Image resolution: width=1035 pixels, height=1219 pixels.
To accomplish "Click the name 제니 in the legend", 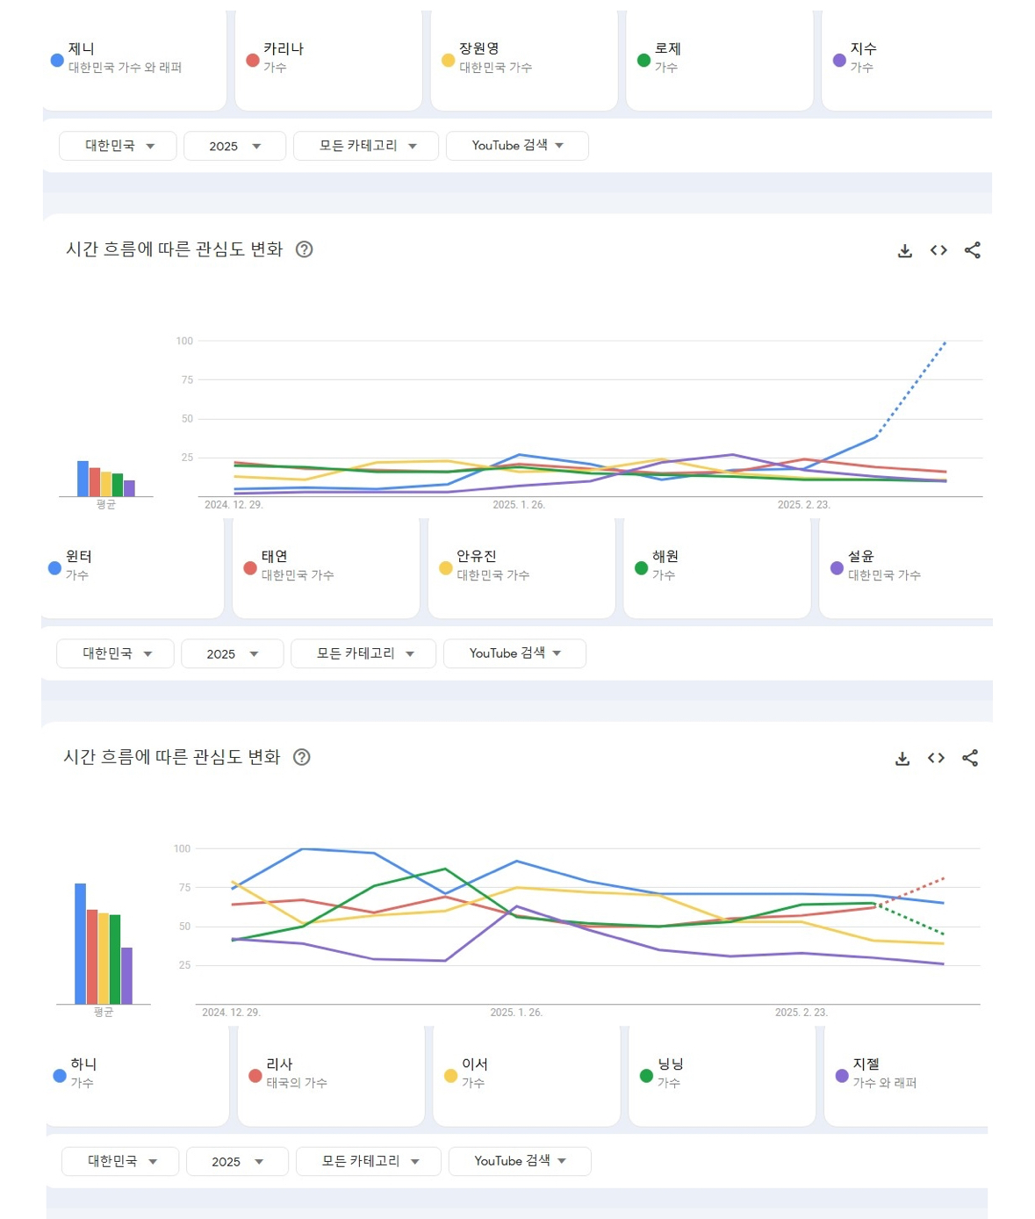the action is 82,48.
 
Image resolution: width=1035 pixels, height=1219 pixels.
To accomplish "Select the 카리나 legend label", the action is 284,48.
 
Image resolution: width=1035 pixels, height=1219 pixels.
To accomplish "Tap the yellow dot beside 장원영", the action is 448,60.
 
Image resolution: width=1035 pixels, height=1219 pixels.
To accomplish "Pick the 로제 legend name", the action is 667,48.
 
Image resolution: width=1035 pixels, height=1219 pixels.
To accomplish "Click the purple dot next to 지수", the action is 839,60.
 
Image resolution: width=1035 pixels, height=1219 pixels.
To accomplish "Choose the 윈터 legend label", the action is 78,556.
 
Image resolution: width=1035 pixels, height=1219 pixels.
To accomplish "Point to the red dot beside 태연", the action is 250,568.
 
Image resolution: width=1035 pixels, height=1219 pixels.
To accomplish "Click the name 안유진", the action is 477,556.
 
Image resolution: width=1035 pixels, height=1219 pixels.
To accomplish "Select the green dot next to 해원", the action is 641,568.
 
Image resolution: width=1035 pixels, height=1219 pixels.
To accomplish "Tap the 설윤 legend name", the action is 860,556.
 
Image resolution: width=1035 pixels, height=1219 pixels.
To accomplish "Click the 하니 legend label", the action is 83,1064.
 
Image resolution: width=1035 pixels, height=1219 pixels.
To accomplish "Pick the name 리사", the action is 279,1064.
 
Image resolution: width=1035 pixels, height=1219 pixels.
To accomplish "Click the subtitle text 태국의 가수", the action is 297,1083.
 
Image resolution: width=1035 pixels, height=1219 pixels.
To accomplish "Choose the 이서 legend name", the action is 475,1064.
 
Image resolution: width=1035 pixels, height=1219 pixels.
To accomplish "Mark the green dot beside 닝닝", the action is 647,1076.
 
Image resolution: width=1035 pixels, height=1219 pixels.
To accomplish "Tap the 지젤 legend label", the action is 866,1064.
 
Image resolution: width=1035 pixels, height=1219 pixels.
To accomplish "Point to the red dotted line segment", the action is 909,892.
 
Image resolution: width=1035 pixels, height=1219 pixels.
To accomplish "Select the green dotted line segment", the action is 909,919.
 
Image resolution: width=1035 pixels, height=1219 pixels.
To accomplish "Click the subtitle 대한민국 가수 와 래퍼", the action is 125,68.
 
